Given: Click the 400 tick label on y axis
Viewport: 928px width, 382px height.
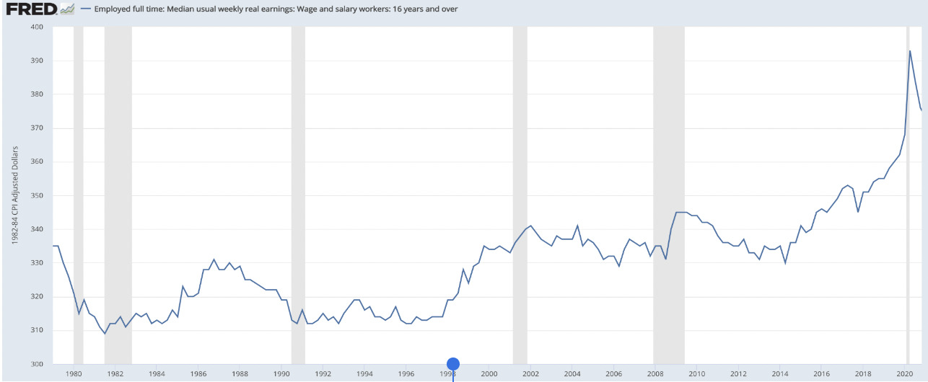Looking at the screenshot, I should pyautogui.click(x=37, y=27).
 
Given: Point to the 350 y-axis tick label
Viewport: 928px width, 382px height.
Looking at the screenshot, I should pyautogui.click(x=37, y=195).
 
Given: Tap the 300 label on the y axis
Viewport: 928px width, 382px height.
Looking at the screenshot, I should pyautogui.click(x=37, y=364).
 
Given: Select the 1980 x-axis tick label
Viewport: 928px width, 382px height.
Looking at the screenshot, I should pyautogui.click(x=74, y=374).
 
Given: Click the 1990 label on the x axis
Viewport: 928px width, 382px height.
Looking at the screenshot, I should pyautogui.click(x=281, y=374).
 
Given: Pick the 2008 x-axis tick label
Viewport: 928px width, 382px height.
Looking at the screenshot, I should pyautogui.click(x=655, y=374).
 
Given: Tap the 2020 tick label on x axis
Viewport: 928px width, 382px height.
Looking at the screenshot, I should pyautogui.click(x=904, y=374).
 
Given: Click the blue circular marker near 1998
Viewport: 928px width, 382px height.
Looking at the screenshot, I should pyautogui.click(x=453, y=364).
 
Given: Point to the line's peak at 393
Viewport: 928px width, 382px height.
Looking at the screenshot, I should pyautogui.click(x=910, y=50).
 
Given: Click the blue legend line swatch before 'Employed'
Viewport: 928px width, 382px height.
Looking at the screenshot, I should pyautogui.click(x=86, y=9).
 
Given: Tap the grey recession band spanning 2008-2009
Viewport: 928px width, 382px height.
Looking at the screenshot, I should pyautogui.click(x=668, y=195).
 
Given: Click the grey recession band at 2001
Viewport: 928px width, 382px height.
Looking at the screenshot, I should pyautogui.click(x=520, y=195).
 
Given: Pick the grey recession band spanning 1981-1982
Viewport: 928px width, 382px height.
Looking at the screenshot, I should pyautogui.click(x=118, y=195).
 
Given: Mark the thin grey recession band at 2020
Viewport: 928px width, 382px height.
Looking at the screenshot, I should pyautogui.click(x=907, y=195).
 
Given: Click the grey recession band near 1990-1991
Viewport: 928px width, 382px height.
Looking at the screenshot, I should pyautogui.click(x=298, y=195).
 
